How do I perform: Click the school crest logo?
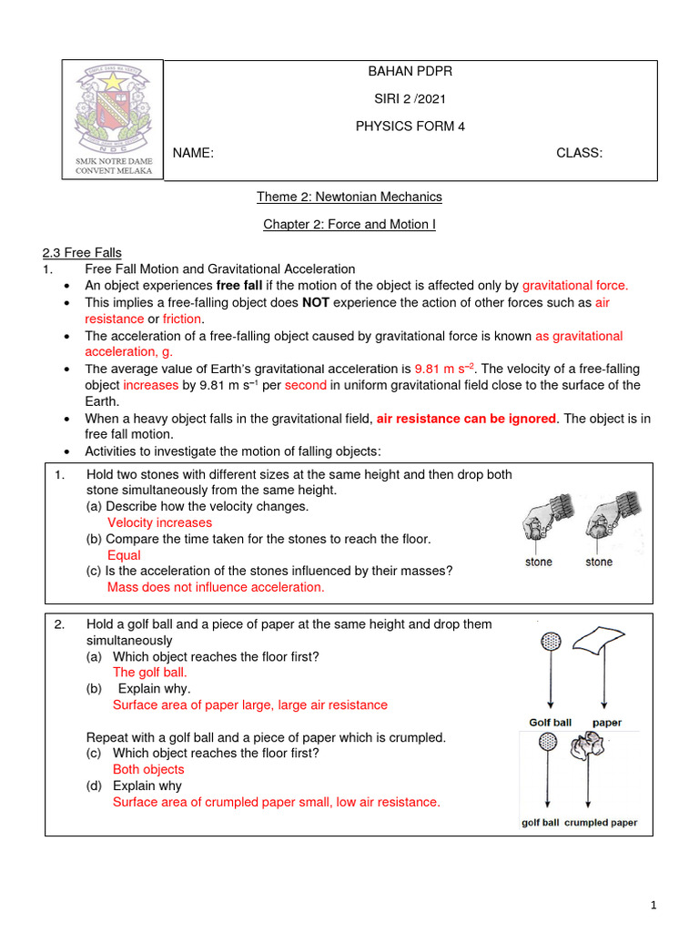coord(113,107)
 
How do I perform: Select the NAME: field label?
coord(194,153)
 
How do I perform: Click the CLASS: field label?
coord(579,153)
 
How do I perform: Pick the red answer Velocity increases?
coord(159,522)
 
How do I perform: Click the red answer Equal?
coord(124,555)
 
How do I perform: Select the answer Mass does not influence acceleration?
coord(216,587)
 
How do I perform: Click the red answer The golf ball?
coord(150,672)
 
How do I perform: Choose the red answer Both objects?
coord(148,769)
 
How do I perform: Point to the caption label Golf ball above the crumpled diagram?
coord(550,723)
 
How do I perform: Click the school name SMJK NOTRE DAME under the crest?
coord(114,161)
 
